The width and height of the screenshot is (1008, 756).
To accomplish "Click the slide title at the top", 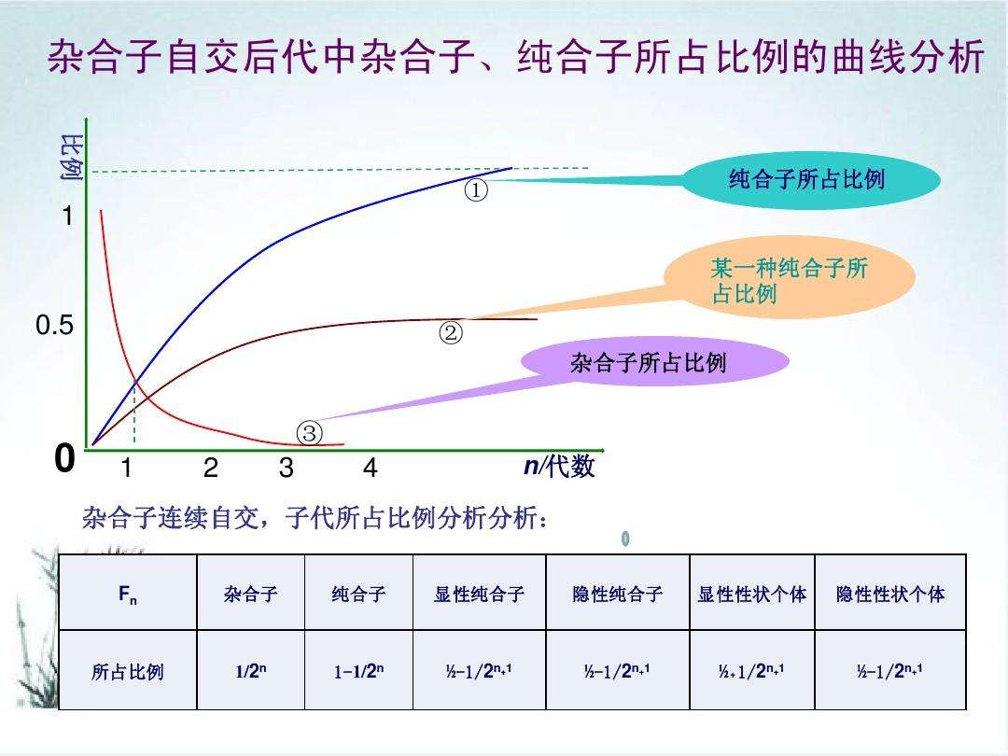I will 515,58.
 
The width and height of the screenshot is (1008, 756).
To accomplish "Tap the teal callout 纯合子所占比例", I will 806,180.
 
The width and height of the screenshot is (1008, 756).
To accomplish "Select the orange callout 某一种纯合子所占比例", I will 789,281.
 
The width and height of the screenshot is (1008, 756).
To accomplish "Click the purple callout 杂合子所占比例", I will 648,362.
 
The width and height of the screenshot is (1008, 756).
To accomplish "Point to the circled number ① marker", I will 476,190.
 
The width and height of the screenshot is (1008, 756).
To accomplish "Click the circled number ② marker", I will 451,333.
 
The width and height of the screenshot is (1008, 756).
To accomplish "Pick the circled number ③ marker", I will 309,433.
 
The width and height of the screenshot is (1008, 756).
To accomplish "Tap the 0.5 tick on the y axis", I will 54,327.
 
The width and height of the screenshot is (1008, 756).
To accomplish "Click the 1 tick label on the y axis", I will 67,217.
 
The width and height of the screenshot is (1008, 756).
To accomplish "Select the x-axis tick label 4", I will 371,468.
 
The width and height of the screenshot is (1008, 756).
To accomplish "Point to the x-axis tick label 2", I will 211,468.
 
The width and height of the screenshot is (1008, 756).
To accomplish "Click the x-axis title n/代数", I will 559,467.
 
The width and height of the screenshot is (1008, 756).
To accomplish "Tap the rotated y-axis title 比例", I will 71,156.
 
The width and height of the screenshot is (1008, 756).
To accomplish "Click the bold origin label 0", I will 63,459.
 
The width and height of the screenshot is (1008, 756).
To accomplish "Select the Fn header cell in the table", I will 128,594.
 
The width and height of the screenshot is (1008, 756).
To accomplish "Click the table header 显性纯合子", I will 479,594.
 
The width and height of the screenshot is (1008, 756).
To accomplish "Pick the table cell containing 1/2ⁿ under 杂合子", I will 250,671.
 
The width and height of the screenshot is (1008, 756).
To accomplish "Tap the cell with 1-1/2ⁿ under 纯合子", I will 358,671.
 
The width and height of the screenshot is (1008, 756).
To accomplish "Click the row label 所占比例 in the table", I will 128,671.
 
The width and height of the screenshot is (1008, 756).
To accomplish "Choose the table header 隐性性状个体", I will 889,594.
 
